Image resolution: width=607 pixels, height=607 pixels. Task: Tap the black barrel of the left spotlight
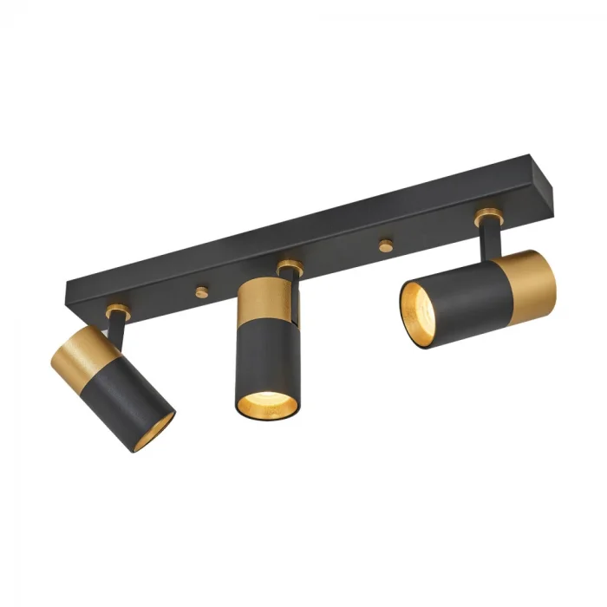(x=130, y=399)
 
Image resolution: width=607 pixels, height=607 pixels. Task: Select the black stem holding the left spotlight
(x=115, y=324)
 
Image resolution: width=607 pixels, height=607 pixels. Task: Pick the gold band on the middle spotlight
(x=265, y=299)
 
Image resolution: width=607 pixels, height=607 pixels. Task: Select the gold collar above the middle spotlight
(x=290, y=266)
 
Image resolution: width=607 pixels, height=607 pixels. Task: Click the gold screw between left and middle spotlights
(x=202, y=291)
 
